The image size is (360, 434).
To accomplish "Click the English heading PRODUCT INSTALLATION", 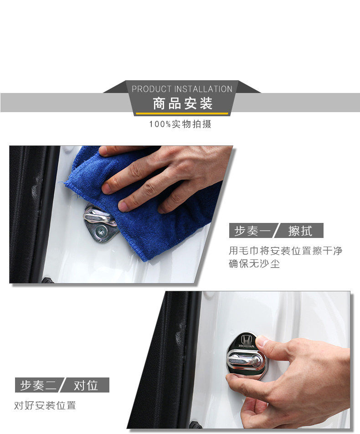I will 182,89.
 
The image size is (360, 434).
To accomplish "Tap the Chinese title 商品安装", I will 183,103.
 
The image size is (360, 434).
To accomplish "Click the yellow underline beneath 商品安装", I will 182,113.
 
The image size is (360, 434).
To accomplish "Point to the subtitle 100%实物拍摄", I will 180,124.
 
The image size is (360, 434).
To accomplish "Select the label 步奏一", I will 252,231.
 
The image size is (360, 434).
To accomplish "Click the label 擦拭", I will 300,231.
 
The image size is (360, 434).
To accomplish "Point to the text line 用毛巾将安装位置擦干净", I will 285,251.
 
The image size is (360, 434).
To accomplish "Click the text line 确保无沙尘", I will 254,263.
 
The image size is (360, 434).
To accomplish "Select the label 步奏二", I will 38,385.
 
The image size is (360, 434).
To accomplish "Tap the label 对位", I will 86,385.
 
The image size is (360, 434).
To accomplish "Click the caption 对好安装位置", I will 45,405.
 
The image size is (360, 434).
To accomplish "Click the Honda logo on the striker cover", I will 247,341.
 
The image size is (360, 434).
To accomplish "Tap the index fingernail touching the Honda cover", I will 262,341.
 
